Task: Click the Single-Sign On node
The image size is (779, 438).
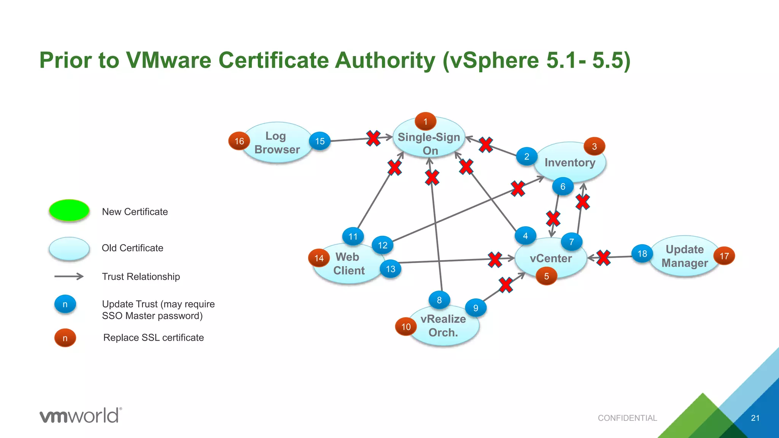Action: [429, 143]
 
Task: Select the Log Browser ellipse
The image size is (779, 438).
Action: [277, 143]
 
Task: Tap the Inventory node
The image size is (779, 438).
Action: [569, 162]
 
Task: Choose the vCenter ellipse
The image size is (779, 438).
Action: [550, 259]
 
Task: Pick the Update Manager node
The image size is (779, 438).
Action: [684, 256]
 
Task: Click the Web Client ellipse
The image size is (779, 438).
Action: [348, 263]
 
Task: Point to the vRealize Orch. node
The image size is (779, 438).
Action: [443, 325]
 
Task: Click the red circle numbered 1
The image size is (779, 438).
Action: [425, 122]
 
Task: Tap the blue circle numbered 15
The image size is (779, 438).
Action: [320, 141]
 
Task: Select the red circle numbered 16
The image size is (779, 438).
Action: [239, 141]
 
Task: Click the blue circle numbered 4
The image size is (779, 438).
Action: [525, 236]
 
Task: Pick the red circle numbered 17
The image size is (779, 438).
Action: [724, 256]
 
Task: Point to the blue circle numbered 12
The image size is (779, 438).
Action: [382, 245]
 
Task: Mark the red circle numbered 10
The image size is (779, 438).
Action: [406, 327]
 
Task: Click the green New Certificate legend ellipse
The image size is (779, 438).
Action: [69, 210]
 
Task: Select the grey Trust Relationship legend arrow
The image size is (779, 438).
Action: [69, 276]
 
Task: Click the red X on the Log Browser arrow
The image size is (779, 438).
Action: [373, 138]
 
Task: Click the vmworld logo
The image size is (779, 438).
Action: [81, 415]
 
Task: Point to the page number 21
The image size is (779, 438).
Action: [755, 418]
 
